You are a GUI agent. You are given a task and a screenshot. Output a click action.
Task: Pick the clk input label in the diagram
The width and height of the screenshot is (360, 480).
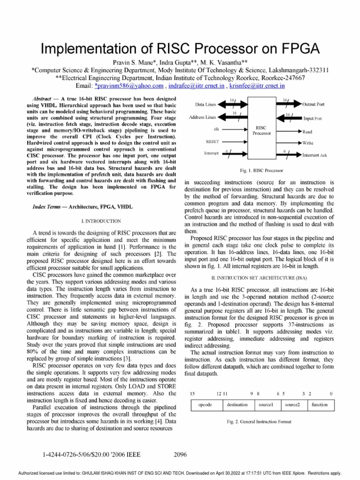(216, 128)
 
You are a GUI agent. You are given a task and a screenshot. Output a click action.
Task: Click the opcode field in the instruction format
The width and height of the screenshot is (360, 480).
(207, 404)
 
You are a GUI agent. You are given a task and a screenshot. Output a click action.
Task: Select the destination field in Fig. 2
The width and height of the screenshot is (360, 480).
(237, 404)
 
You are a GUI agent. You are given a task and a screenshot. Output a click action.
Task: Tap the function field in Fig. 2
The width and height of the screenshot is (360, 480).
(320, 404)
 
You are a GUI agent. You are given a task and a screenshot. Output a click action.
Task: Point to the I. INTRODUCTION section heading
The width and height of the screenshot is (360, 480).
(101, 221)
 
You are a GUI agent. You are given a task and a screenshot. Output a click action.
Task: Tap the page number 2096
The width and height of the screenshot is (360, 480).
(180, 454)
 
